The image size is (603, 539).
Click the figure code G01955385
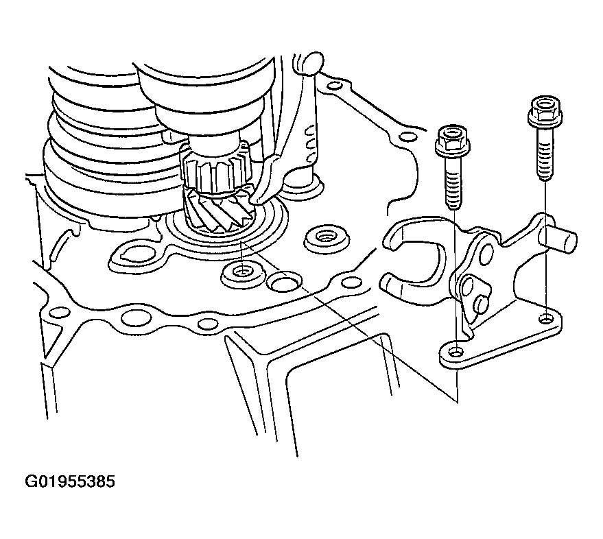(x=69, y=481)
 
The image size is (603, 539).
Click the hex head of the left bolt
(x=451, y=141)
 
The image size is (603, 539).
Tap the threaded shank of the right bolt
(x=545, y=154)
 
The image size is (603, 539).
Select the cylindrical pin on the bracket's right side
(x=558, y=240)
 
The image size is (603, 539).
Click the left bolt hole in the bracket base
(x=456, y=352)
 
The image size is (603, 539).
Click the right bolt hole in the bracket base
(x=545, y=319)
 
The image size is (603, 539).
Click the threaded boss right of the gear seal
(x=327, y=240)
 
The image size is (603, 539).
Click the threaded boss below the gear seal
(x=243, y=274)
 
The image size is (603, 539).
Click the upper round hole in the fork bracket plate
(x=486, y=253)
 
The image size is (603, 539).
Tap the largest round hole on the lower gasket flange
(x=136, y=319)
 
